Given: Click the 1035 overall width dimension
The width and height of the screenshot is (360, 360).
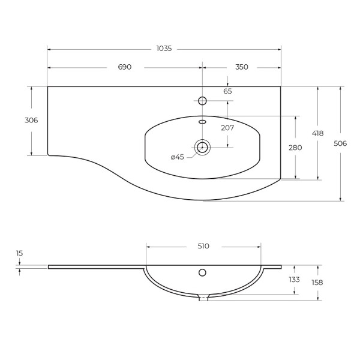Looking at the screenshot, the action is click(164, 49).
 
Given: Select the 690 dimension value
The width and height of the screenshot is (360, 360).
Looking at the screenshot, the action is click(125, 67).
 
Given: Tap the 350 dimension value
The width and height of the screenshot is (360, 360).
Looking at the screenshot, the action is click(242, 67).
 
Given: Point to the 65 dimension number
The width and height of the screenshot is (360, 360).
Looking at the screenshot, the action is click(227, 91).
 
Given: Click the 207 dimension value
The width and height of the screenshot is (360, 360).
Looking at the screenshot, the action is click(227, 128).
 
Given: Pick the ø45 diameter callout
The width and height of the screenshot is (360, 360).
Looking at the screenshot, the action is click(178, 157).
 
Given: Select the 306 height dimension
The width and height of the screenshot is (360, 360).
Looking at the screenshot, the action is click(31, 121).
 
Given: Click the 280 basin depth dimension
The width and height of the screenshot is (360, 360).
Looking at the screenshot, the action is click(295, 148).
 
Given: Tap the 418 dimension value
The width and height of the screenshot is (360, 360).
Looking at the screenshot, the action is click(318, 133).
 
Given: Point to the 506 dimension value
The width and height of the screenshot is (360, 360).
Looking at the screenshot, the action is click(340, 143).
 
